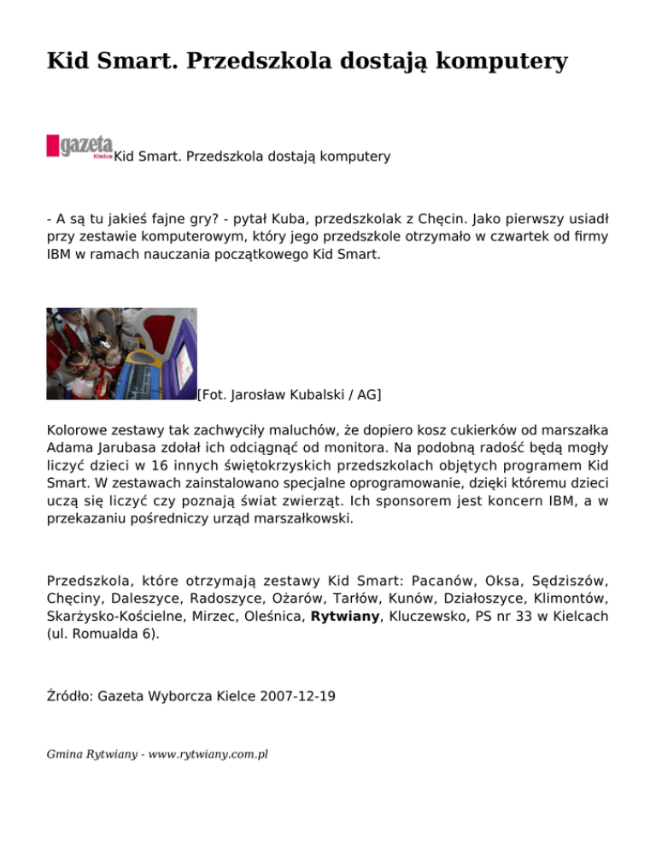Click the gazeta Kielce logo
point(79,146)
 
